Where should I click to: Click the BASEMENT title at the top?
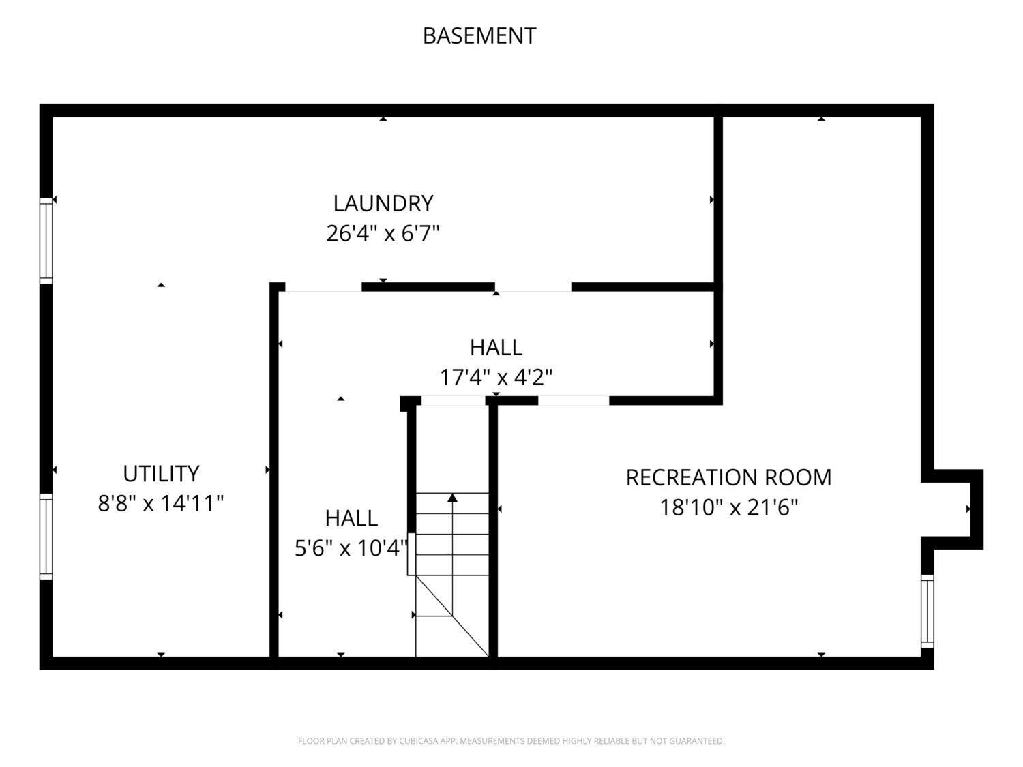click(479, 35)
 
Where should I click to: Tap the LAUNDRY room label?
click(383, 203)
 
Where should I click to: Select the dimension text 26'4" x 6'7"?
click(383, 234)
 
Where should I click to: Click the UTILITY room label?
click(161, 473)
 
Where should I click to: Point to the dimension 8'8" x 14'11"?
click(161, 504)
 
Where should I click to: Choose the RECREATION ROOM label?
click(728, 477)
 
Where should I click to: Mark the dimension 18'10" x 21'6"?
click(728, 508)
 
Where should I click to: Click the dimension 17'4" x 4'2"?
click(496, 377)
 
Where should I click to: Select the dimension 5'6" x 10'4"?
click(351, 547)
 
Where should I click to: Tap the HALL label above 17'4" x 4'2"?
click(496, 347)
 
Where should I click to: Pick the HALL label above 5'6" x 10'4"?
click(351, 518)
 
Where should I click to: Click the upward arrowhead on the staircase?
click(452, 498)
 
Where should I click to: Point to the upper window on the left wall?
click(46, 241)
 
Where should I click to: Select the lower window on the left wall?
click(46, 536)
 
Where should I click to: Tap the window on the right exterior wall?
click(927, 611)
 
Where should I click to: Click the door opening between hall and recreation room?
click(574, 401)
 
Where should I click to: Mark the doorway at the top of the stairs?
click(454, 401)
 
